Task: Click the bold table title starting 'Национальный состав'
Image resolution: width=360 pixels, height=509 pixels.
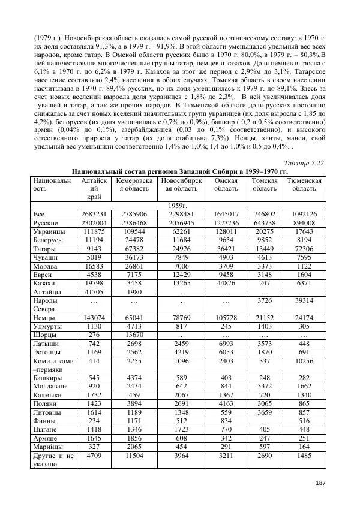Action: pos(180,171)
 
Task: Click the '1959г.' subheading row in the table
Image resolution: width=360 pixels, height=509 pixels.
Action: pos(180,205)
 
